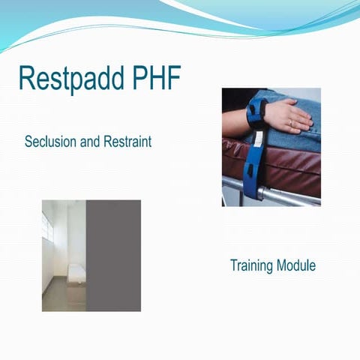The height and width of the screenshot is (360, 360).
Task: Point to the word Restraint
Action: point(127,141)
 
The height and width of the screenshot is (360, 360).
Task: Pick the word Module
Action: point(296,265)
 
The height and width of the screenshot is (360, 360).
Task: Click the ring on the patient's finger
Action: point(289,121)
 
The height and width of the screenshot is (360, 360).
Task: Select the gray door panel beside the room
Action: point(113,255)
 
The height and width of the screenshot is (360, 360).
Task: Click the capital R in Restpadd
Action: point(27,78)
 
